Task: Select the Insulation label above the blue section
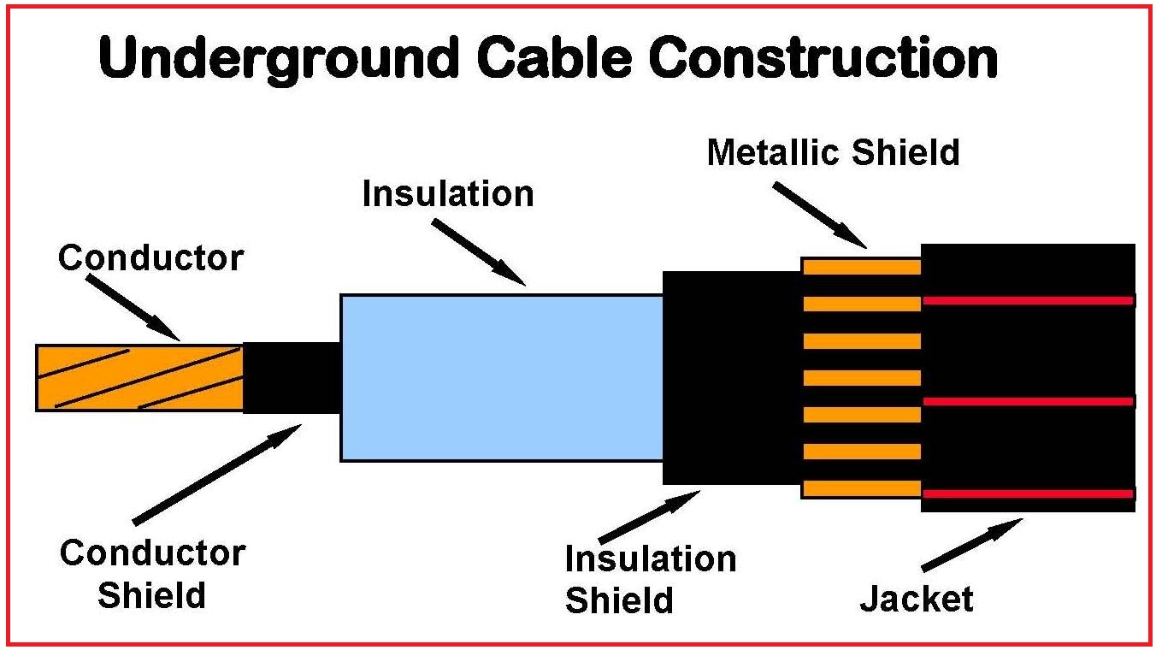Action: click(x=447, y=194)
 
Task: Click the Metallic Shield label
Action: click(x=833, y=153)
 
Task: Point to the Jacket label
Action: click(x=916, y=599)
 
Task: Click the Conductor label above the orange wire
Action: click(x=150, y=257)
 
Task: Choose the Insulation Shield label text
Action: click(x=650, y=580)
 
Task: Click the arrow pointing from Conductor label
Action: click(x=134, y=306)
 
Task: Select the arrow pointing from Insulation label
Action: click(x=479, y=251)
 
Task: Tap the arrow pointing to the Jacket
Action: click(x=972, y=545)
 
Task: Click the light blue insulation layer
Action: click(x=502, y=378)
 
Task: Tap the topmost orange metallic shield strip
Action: click(x=861, y=267)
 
